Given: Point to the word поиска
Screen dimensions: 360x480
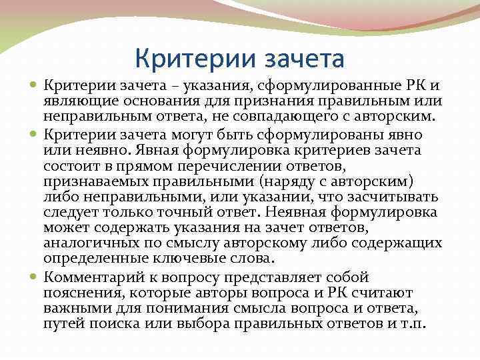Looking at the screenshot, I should (x=109, y=322).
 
